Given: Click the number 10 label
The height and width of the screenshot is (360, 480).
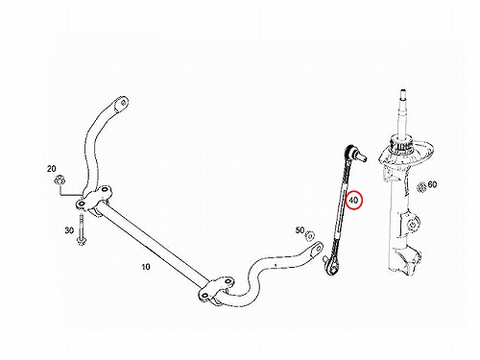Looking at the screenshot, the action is [146, 267].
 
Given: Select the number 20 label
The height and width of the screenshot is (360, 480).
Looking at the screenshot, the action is [52, 169].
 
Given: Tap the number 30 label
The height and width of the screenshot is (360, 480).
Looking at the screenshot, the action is [69, 230].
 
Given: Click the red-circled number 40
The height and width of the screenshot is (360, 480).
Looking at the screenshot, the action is [353, 200].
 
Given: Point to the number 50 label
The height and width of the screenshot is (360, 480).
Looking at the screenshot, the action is [300, 230].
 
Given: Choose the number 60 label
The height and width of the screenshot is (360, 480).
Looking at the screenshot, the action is [432, 184].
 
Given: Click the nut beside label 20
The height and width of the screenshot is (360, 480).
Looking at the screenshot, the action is [60, 180].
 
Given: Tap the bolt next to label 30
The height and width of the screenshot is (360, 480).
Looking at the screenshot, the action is [80, 229].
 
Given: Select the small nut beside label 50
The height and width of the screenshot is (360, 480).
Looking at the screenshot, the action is [310, 236].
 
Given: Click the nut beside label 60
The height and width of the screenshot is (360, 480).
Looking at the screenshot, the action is [422, 186].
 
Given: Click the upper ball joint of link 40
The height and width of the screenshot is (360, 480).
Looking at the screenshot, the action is [354, 153].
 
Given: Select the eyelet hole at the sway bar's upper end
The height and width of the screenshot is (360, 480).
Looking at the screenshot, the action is [123, 103].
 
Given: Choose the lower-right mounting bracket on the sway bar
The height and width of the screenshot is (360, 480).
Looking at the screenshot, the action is [217, 291].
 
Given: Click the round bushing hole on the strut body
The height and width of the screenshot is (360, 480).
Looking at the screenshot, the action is [413, 223].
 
